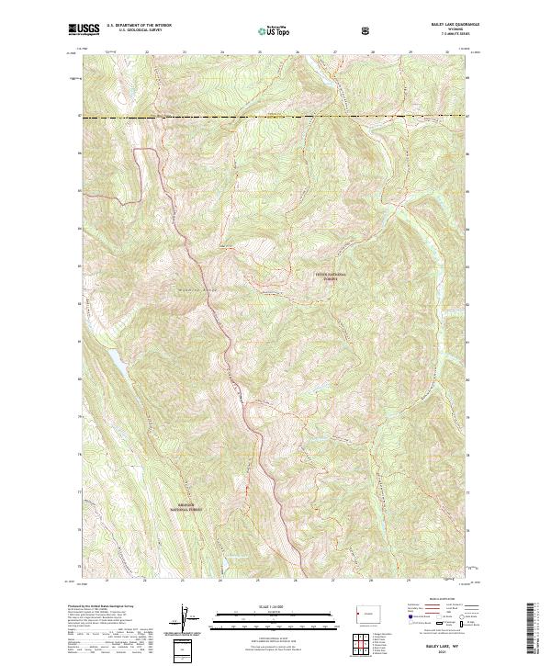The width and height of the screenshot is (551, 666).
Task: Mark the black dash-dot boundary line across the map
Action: tap(275, 118)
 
